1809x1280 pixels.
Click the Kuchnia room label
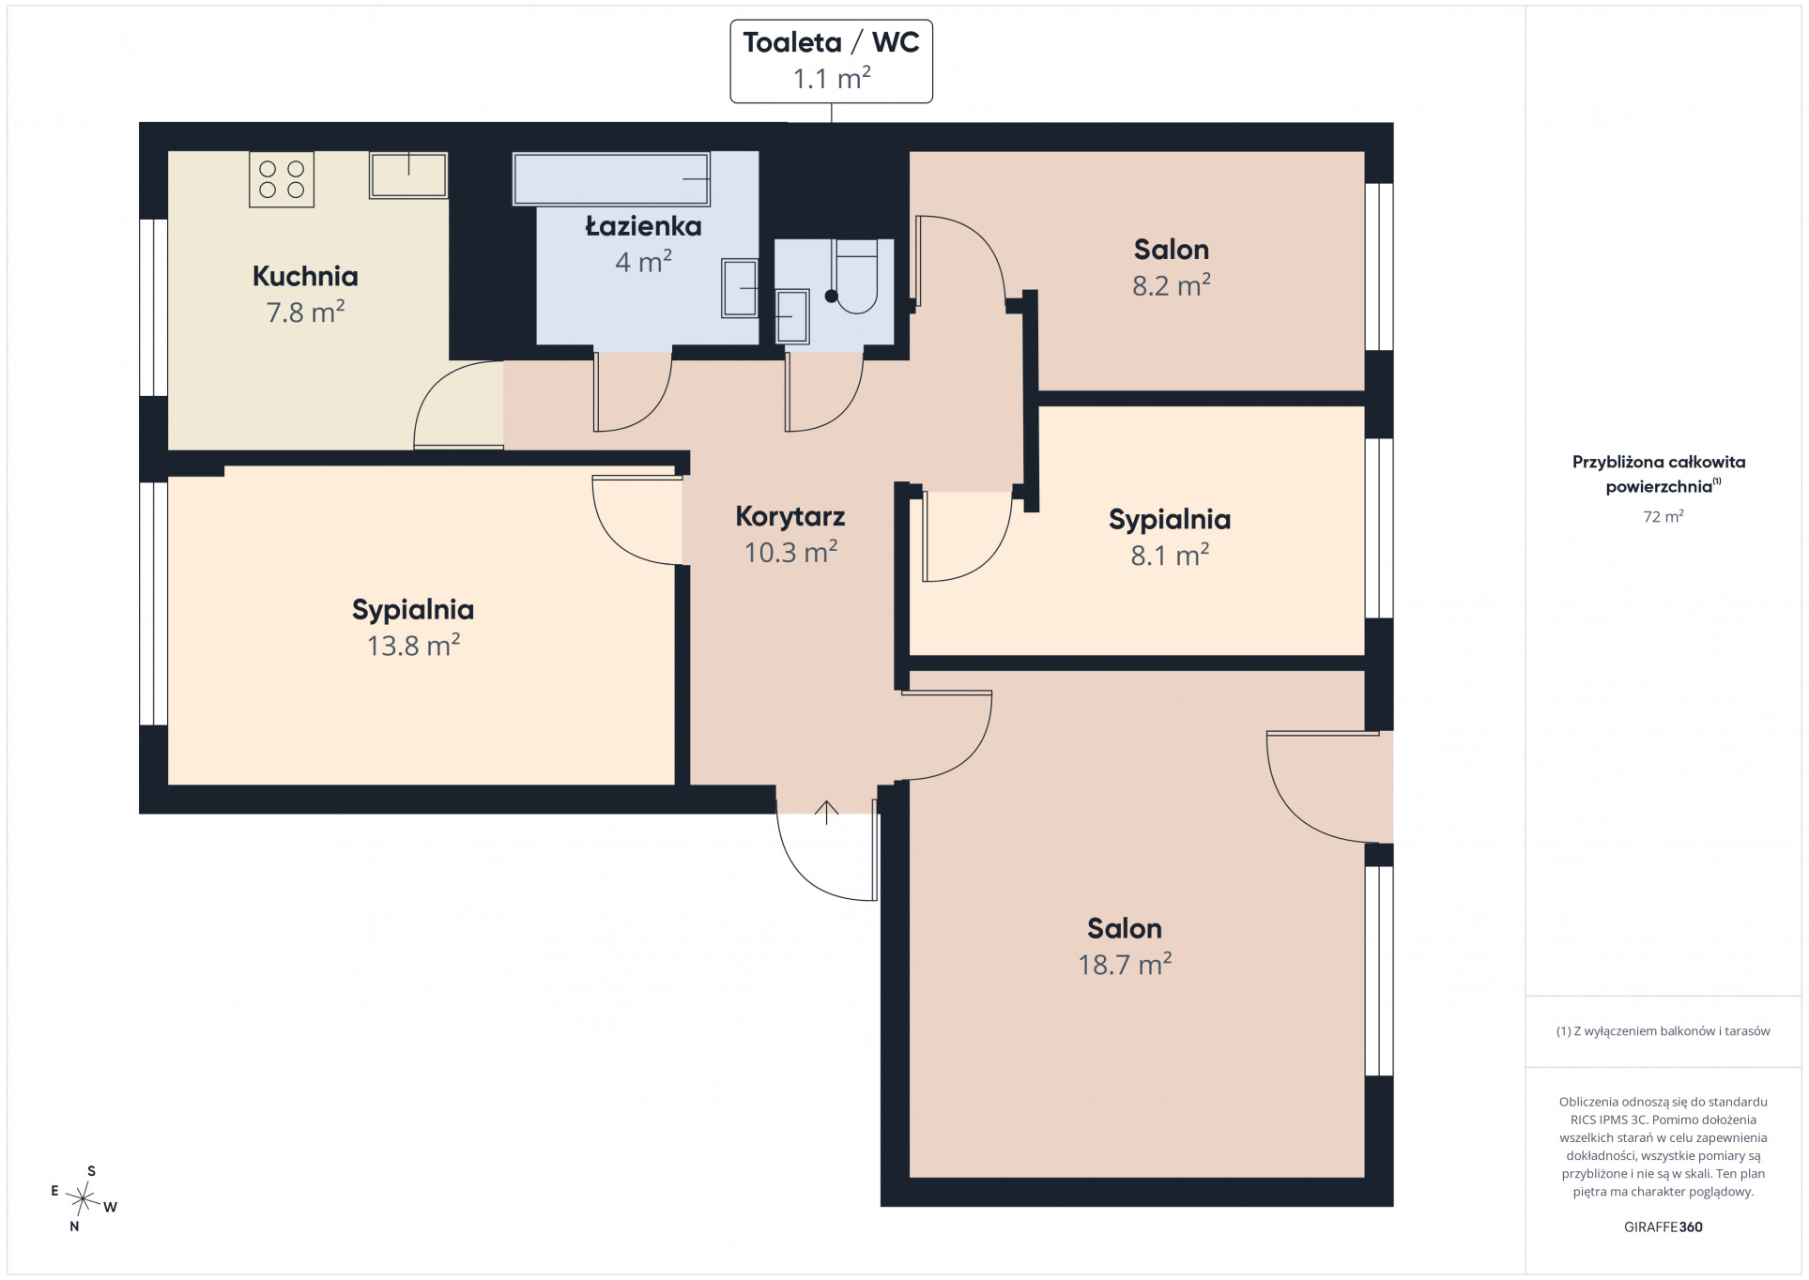305,276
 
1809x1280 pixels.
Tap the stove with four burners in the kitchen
282,179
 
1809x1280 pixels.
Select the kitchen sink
408,175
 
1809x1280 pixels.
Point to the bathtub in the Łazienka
611,178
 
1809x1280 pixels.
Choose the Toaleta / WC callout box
832,61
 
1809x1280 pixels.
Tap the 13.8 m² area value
413,646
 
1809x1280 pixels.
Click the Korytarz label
790,516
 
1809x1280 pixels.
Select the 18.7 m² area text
1125,965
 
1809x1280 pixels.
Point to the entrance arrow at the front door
826,812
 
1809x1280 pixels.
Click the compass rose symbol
84,1198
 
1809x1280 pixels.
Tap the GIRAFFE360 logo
1663,1227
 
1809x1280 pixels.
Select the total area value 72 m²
1663,516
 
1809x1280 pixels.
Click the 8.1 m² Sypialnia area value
1170,556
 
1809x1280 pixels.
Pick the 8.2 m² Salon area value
1172,285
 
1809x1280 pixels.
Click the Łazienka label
644,226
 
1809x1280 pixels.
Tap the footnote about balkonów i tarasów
1663,1031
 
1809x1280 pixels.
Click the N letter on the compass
74,1226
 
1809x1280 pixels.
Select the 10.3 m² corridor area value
790,553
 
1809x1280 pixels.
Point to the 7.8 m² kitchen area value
305,312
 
